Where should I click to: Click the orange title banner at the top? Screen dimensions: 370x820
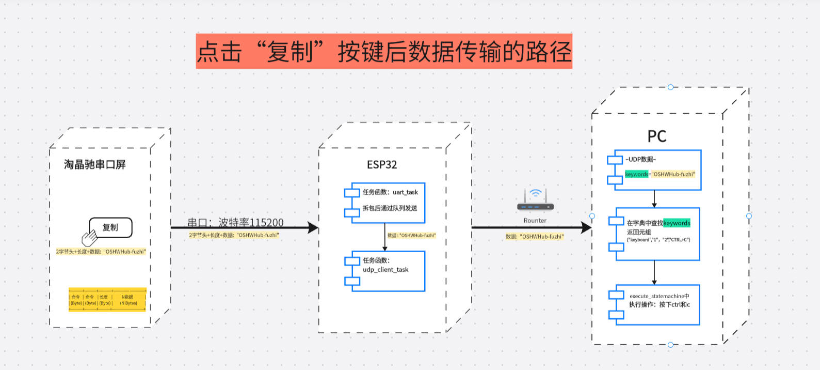(384, 51)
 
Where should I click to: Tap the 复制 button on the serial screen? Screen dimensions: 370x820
(110, 227)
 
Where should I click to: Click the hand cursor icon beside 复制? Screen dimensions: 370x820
(89, 238)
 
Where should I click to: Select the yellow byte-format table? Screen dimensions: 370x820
(107, 300)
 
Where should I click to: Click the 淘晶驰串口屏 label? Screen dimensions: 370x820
(95, 164)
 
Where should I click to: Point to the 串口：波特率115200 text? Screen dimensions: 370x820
(235, 222)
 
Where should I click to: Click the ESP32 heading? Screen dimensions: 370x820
(382, 165)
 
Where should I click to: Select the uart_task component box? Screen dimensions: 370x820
(388, 203)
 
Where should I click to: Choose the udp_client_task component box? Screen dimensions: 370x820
(388, 271)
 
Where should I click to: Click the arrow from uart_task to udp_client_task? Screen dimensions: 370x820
(385, 237)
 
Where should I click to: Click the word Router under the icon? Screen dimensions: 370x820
(535, 221)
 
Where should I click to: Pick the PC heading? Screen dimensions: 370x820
(657, 136)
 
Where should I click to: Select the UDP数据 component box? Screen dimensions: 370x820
(657, 170)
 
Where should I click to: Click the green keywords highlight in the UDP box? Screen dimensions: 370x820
(636, 174)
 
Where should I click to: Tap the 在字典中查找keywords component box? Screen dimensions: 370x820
(657, 234)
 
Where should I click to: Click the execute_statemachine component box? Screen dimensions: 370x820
(657, 305)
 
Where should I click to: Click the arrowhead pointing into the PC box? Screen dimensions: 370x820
(586, 227)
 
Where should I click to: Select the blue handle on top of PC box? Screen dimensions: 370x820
(670, 87)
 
